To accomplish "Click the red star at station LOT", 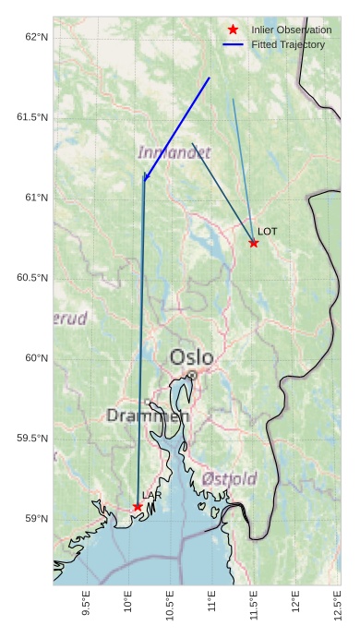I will pos(254,243).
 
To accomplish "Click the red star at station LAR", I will pos(138,507).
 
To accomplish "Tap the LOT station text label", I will pos(267,231).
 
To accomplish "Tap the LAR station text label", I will pos(152,496).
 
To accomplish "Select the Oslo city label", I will pos(191,357).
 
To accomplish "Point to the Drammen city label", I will pos(148,415).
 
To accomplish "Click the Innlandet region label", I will pos(174,152).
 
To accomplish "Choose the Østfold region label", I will pos(229,478).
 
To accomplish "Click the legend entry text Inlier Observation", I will pos(291,30).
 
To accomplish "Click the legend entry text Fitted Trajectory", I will pos(288,44).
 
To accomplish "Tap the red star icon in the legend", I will pos(234,30).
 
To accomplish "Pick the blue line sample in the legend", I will pos(234,44).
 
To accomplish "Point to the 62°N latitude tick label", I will pos(36,37).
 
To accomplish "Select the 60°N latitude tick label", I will pos(36,358).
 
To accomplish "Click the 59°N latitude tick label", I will pos(36,519).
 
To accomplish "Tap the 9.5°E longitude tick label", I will pos(86,603).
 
